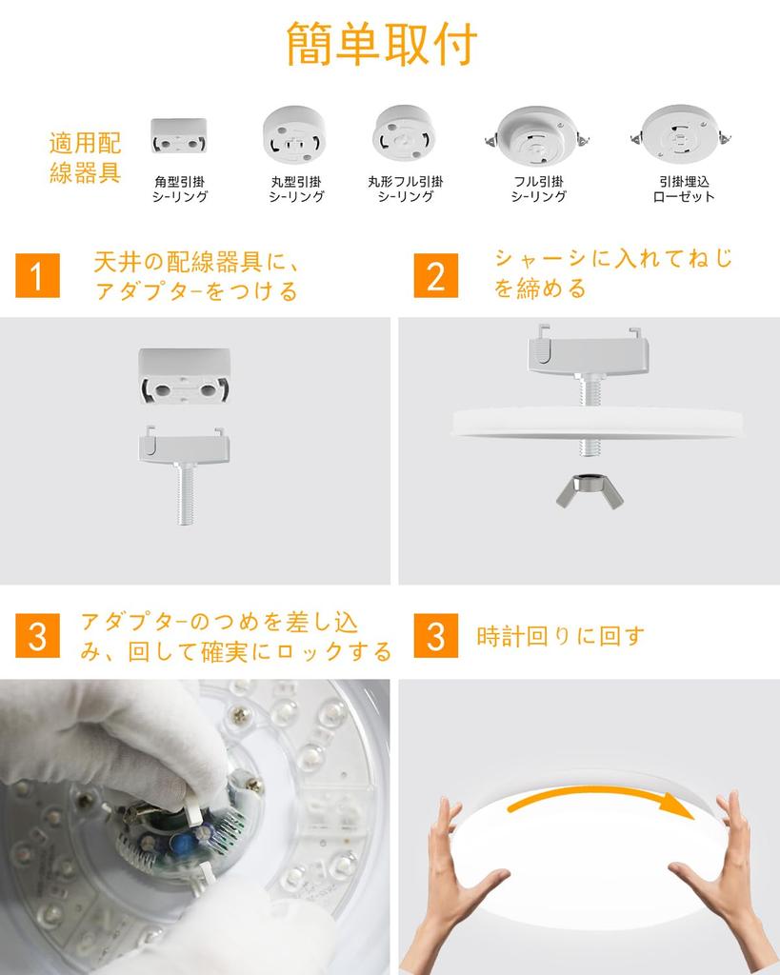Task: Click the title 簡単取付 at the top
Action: (382, 44)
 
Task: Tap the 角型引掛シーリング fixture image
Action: (178, 137)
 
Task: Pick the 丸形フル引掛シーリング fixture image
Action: (404, 132)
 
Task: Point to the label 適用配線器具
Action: (85, 159)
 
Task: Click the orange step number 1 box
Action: (37, 276)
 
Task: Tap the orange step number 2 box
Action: (435, 276)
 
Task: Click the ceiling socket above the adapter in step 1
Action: (185, 375)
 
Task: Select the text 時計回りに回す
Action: (560, 636)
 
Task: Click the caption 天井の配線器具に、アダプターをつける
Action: (195, 276)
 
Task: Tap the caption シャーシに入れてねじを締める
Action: (612, 272)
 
